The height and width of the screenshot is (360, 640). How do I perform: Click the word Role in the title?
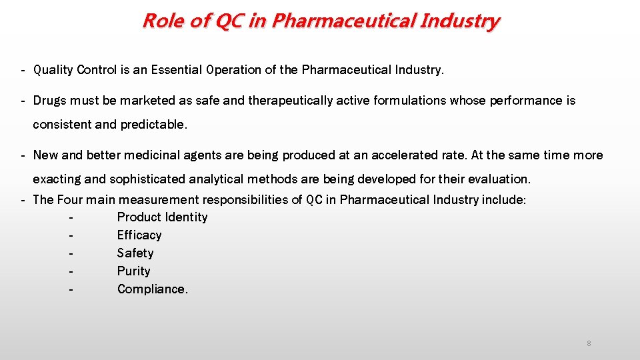162,21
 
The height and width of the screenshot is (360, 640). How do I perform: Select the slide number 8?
589,343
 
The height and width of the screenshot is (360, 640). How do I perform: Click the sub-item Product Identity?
162,217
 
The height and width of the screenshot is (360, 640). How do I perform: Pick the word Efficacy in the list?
139,235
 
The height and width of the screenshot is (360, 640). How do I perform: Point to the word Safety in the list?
135,253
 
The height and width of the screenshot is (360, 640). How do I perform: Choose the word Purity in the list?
133,271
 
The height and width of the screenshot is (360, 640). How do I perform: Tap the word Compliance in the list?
152,289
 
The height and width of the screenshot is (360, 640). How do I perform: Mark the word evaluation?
499,179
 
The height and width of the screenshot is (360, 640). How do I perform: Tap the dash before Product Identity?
71,217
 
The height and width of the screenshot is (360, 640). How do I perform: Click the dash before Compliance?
71,289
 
